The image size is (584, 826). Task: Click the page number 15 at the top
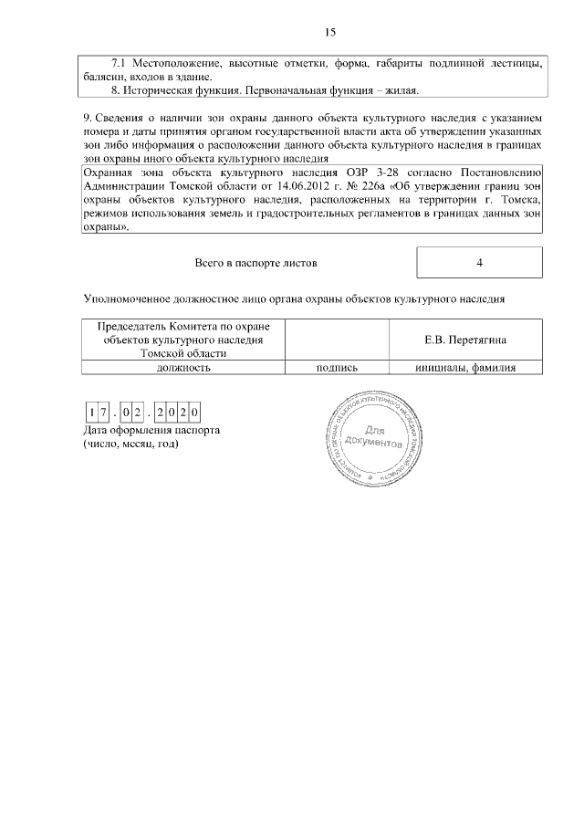(x=330, y=33)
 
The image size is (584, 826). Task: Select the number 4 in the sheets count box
(x=479, y=263)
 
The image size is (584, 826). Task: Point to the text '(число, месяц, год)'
(x=130, y=444)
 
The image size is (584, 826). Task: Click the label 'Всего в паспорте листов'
(x=256, y=263)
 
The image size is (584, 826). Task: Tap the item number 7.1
(x=119, y=63)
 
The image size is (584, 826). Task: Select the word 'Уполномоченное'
(x=126, y=298)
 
